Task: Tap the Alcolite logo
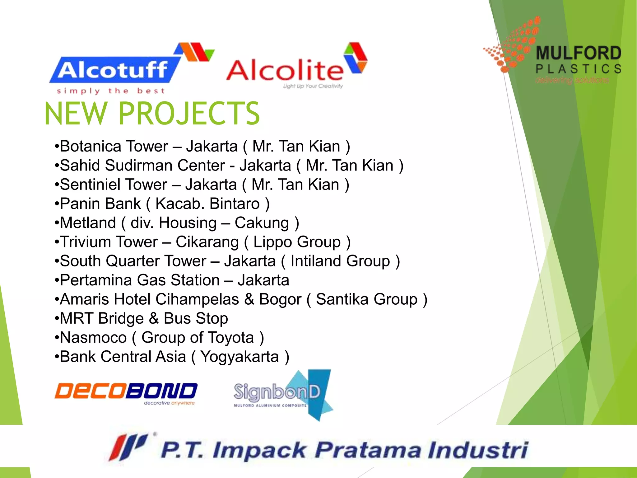(295, 67)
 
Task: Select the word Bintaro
(235, 204)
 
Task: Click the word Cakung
(262, 223)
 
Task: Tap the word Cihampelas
(197, 299)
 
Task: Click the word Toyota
(230, 338)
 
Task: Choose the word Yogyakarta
(239, 357)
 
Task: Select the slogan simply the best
(111, 91)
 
